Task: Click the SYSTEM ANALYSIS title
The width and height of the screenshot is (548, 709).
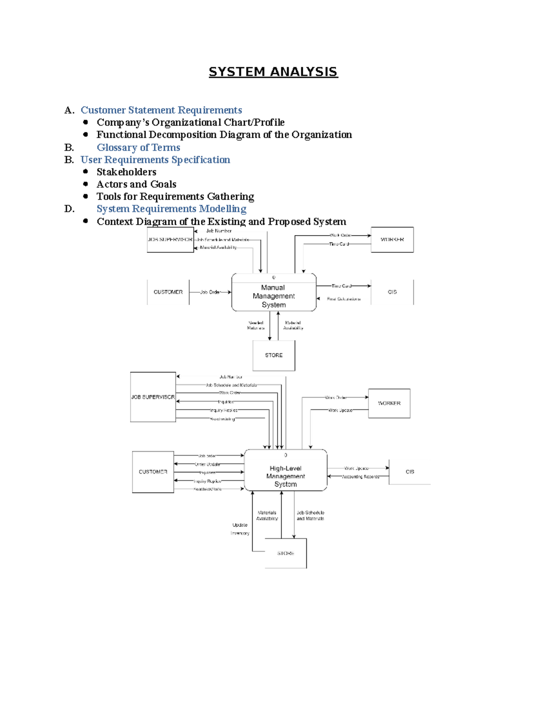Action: coord(273,72)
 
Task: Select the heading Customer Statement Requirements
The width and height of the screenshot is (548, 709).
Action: coord(161,110)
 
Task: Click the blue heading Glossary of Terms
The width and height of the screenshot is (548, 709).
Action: coord(138,147)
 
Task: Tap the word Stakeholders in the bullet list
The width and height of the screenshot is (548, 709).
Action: coord(126,172)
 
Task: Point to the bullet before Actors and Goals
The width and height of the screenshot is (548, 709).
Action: coord(85,184)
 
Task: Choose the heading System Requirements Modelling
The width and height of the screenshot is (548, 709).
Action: coord(171,209)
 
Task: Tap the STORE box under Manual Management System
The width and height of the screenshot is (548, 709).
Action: coord(274,355)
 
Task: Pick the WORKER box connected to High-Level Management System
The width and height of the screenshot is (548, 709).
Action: coord(389,403)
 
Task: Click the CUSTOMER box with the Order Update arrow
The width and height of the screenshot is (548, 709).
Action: coord(153,472)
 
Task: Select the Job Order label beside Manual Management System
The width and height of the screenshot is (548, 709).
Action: coord(210,292)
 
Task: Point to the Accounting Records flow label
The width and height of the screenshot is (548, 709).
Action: coord(360,477)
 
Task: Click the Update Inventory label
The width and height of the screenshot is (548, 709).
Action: coord(240,529)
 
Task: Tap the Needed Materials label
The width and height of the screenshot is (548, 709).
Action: coord(256,325)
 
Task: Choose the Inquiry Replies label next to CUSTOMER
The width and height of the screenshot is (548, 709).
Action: coord(207,481)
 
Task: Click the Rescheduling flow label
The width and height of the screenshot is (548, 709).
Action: coord(222,419)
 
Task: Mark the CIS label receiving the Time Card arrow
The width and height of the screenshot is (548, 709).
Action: coord(392,292)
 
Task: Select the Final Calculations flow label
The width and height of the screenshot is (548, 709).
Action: coord(343,299)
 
